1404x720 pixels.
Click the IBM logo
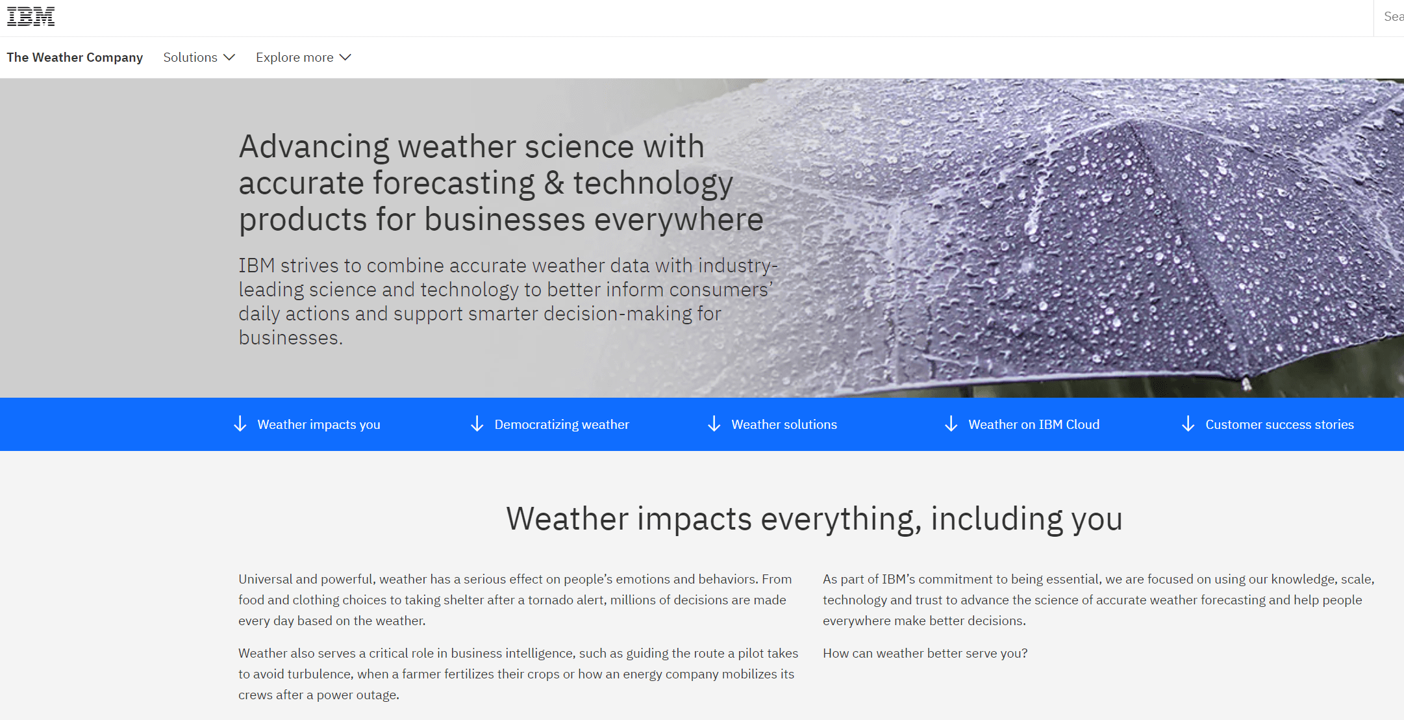click(31, 17)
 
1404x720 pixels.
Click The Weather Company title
click(75, 57)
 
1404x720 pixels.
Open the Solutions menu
click(199, 57)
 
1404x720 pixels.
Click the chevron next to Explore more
click(345, 57)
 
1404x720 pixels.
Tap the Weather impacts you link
click(318, 424)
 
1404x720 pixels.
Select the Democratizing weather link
click(561, 424)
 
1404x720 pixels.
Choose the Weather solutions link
click(784, 424)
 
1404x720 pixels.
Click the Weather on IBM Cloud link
click(1033, 424)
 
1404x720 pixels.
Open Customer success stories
click(1279, 424)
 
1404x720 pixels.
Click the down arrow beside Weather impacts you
click(240, 424)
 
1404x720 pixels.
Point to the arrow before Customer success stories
click(1188, 424)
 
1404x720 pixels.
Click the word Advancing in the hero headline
click(314, 147)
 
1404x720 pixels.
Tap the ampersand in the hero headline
click(554, 183)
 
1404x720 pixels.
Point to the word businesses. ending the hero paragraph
click(290, 338)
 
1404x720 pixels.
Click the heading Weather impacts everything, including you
click(814, 519)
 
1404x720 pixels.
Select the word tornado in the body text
click(549, 600)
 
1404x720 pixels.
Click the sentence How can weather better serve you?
click(925, 653)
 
